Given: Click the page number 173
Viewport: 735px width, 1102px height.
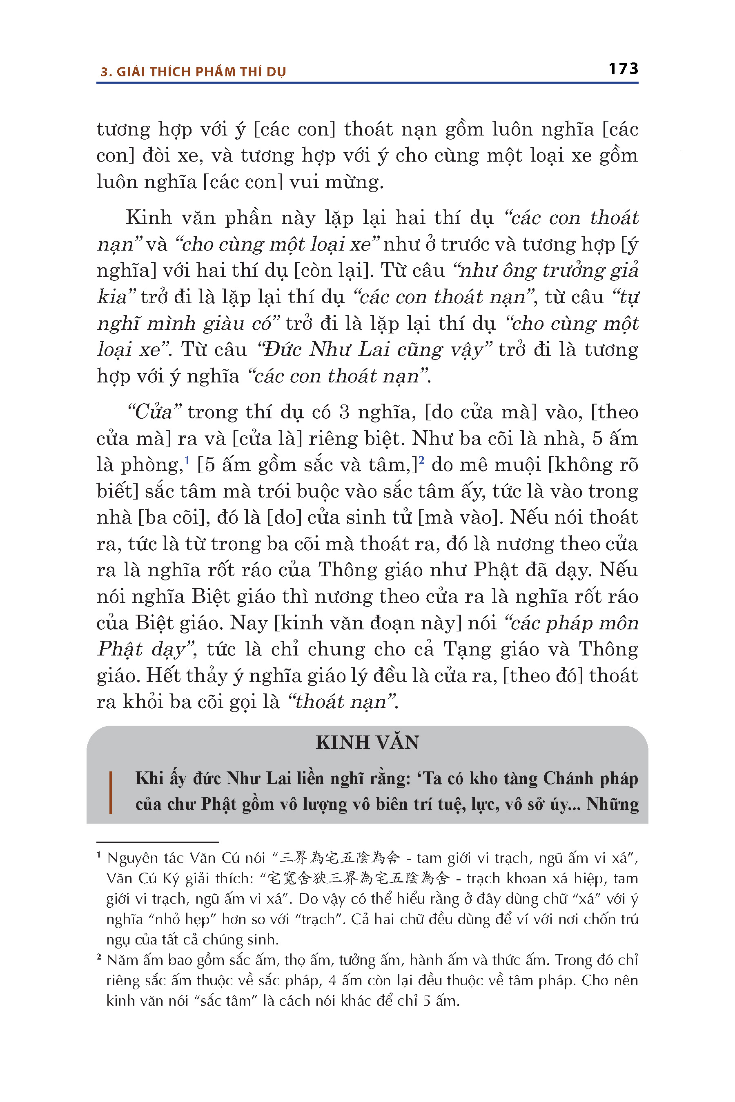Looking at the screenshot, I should [x=623, y=69].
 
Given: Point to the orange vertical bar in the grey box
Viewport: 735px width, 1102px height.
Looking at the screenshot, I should [x=111, y=792].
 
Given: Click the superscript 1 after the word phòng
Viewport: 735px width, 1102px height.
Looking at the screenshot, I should [x=187, y=460].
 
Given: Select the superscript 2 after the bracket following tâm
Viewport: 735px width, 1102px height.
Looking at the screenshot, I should [x=421, y=460].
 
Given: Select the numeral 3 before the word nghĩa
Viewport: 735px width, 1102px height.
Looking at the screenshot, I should [x=344, y=412].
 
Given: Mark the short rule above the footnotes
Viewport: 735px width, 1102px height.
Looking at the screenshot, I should [x=158, y=842].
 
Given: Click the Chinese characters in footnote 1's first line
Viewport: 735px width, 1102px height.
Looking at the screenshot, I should [x=340, y=858].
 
